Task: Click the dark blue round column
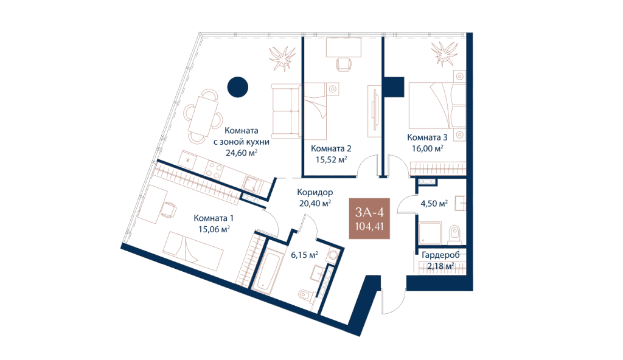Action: pyautogui.click(x=238, y=87)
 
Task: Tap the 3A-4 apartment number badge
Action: pyautogui.click(x=369, y=218)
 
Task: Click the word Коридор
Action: pyautogui.click(x=315, y=192)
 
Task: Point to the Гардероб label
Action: pyautogui.click(x=440, y=255)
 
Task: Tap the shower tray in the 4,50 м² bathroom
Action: pyautogui.click(x=430, y=232)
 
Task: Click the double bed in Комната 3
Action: pyautogui.click(x=437, y=108)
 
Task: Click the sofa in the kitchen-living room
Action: pyautogui.click(x=286, y=111)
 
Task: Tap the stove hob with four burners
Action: pyautogui.click(x=214, y=170)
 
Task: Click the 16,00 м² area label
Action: pyautogui.click(x=428, y=148)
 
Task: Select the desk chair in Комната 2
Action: pyautogui.click(x=344, y=64)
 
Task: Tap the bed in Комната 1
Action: pyautogui.click(x=193, y=251)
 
